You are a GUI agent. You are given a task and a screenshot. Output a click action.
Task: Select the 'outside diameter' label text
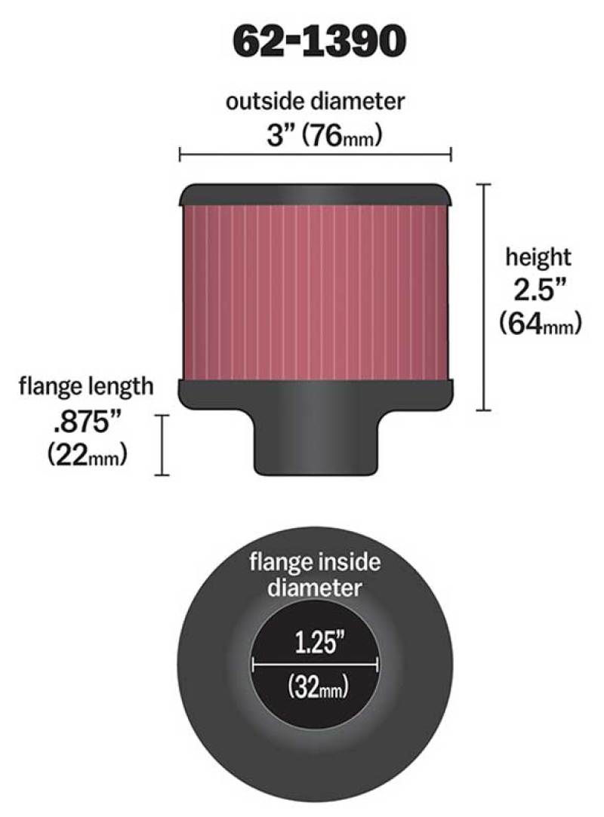pos(315,101)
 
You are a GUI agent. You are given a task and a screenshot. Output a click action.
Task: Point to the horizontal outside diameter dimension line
pos(315,155)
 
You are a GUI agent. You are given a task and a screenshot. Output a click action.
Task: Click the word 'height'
pos(538,257)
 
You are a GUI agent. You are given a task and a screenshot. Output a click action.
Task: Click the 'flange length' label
pos(86,387)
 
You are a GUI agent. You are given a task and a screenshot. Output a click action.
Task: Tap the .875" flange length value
pos(85,420)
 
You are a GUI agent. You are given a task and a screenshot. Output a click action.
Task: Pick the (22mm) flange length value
pos(86,454)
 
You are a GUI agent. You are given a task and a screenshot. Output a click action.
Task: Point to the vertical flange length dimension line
pos(161,444)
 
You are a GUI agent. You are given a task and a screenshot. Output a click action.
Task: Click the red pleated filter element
pos(315,290)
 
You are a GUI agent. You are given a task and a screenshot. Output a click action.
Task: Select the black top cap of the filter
pos(315,195)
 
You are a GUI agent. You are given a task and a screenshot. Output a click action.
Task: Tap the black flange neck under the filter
pos(315,445)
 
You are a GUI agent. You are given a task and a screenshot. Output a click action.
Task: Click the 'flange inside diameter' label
pos(316,575)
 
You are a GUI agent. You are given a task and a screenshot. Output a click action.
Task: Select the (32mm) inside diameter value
pos(315,686)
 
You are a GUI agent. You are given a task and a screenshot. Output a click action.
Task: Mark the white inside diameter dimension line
pos(315,665)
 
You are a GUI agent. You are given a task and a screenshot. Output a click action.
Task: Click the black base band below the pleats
pos(315,392)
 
